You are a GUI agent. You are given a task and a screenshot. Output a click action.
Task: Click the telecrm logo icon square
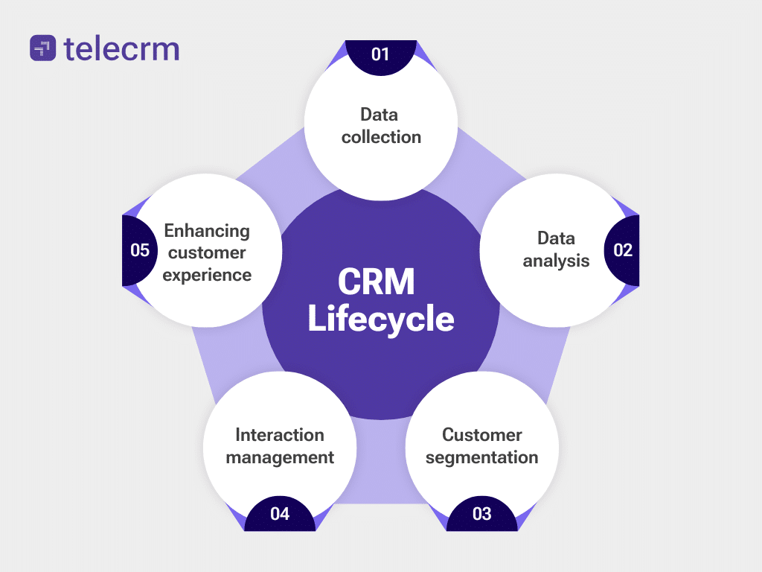[x=42, y=48]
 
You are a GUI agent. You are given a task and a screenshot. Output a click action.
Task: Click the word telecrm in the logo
[x=121, y=48]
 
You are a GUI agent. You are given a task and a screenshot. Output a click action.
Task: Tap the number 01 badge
[x=380, y=54]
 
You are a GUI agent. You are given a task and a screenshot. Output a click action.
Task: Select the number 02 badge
[x=622, y=250]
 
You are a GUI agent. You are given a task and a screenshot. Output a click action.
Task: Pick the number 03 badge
[x=481, y=513]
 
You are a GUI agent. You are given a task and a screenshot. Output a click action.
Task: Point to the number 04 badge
[x=280, y=513]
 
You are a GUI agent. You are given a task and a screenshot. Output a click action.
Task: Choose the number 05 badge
[x=140, y=250]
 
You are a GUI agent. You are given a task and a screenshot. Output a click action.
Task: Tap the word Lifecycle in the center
[x=380, y=319]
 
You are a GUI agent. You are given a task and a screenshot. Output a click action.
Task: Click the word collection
[x=381, y=137]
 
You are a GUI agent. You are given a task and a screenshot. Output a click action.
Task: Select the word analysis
[x=556, y=261]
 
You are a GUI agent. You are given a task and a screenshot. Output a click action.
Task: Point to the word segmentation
[x=481, y=457]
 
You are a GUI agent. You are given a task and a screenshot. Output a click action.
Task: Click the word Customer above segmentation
[x=481, y=434]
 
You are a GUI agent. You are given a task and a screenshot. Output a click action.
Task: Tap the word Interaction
[x=280, y=434]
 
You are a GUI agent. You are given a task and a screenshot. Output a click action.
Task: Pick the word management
[x=280, y=457]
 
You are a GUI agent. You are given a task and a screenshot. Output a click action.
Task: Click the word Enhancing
[x=207, y=230]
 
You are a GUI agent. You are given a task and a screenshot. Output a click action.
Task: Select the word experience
[x=207, y=275]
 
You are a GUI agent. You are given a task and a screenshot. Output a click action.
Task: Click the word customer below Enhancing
[x=207, y=252]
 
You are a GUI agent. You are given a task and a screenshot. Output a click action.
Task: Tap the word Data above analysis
[x=556, y=238]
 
